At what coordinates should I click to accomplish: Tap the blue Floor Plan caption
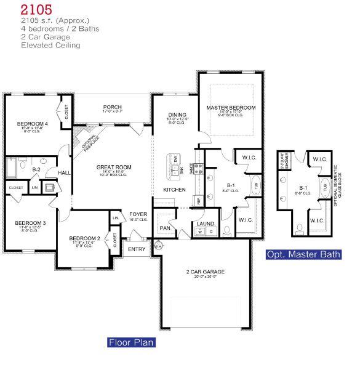tap(131, 342)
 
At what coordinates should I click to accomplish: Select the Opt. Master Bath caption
tap(303, 254)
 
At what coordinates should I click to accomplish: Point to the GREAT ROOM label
tap(115, 167)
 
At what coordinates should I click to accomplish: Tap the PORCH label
tap(112, 107)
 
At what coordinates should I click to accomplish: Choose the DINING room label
tap(177, 114)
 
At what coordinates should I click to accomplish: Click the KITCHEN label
tap(174, 189)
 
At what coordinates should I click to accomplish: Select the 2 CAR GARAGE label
tap(205, 271)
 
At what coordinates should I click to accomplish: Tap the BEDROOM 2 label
tap(84, 238)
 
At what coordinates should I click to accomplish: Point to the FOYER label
tap(138, 214)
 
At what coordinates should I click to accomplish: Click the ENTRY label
tap(136, 249)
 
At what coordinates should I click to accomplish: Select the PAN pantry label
tap(164, 227)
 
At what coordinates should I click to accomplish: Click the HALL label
tap(63, 173)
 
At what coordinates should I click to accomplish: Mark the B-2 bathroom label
tap(36, 167)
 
